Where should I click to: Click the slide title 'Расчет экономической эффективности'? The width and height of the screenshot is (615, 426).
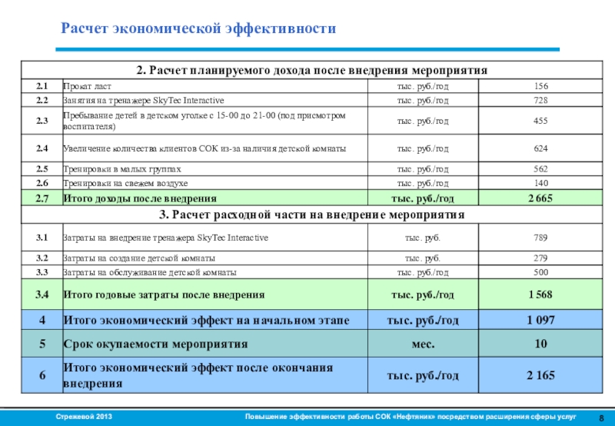(198, 29)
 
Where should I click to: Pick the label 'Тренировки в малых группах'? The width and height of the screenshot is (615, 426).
(122, 169)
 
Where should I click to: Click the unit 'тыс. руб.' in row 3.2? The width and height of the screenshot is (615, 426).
(422, 258)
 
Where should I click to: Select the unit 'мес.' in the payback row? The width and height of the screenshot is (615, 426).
(422, 344)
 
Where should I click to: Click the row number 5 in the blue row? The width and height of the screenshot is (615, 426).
(42, 344)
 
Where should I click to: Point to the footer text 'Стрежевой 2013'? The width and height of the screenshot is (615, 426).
(85, 416)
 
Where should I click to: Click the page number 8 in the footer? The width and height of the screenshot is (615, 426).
(600, 417)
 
